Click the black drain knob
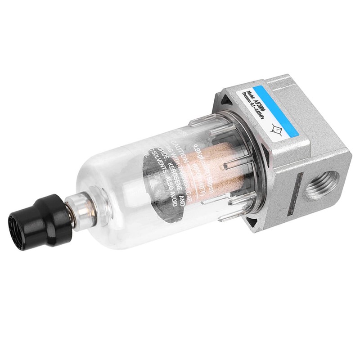(40, 223)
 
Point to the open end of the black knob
(20, 232)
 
